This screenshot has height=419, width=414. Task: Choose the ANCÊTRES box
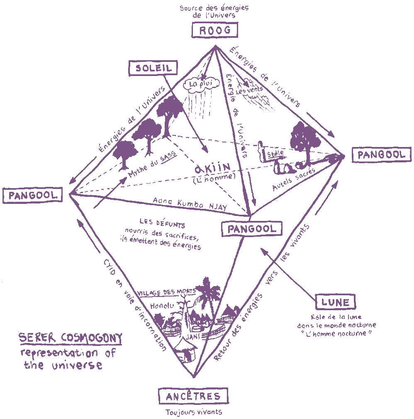(x=193, y=396)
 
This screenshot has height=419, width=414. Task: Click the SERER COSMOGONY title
(x=71, y=338)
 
